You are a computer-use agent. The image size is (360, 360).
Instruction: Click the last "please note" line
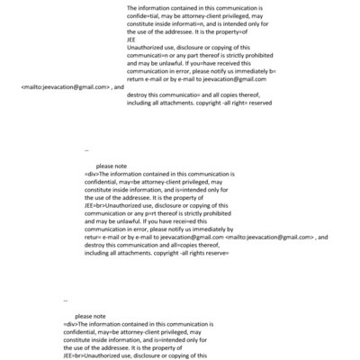pos(92,317)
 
